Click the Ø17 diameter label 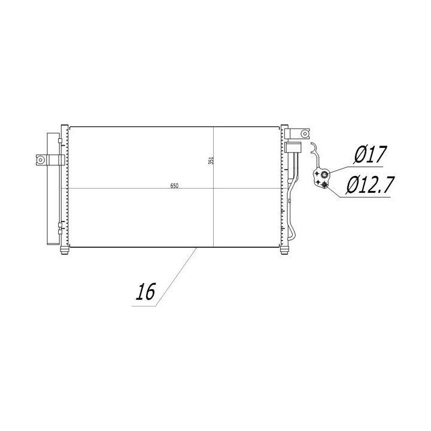pos(371,154)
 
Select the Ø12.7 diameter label pos(371,185)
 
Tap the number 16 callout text pos(145,292)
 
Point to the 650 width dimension pos(174,186)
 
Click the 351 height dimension pos(211,160)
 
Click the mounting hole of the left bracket pos(41,159)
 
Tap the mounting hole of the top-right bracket pos(305,133)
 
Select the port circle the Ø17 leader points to pos(324,174)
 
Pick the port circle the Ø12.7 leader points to pos(324,185)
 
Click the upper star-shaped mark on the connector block pos(317,174)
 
